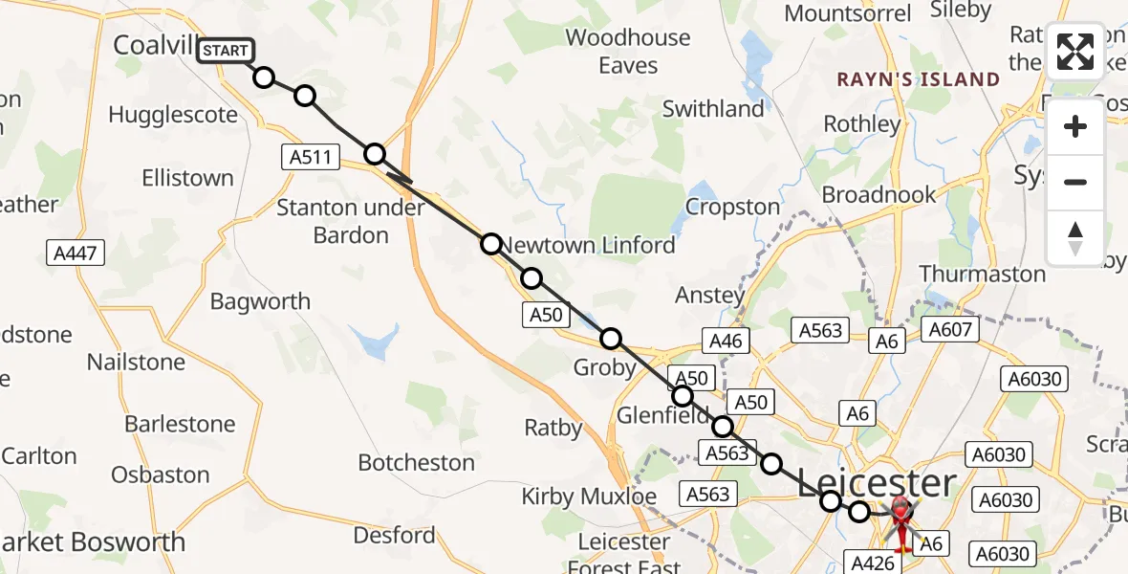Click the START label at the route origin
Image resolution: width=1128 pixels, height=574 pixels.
tap(226, 50)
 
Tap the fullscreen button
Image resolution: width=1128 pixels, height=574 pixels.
tap(1075, 52)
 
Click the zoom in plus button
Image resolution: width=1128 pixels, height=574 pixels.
tap(1075, 126)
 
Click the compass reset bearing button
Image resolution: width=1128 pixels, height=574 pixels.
tap(1075, 238)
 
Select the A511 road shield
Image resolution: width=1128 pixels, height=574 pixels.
tap(311, 157)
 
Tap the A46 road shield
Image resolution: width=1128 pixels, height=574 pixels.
tap(726, 341)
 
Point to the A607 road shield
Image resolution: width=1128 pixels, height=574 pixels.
tap(949, 331)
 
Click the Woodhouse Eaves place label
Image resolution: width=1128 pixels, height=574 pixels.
tap(628, 52)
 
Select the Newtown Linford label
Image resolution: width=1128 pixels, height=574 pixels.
tap(589, 245)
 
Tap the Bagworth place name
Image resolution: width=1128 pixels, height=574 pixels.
tap(260, 301)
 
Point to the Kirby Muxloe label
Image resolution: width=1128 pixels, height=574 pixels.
tap(589, 497)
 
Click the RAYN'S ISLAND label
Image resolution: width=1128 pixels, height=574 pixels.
tap(919, 79)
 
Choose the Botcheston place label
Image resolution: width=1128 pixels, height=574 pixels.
tap(416, 463)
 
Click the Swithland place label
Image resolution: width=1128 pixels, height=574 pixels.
tap(713, 109)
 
